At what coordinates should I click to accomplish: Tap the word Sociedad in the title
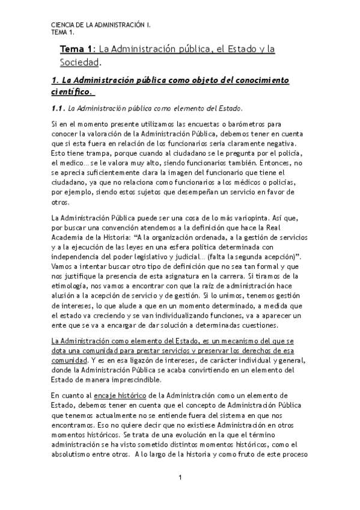79,62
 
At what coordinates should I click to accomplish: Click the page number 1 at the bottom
180,478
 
